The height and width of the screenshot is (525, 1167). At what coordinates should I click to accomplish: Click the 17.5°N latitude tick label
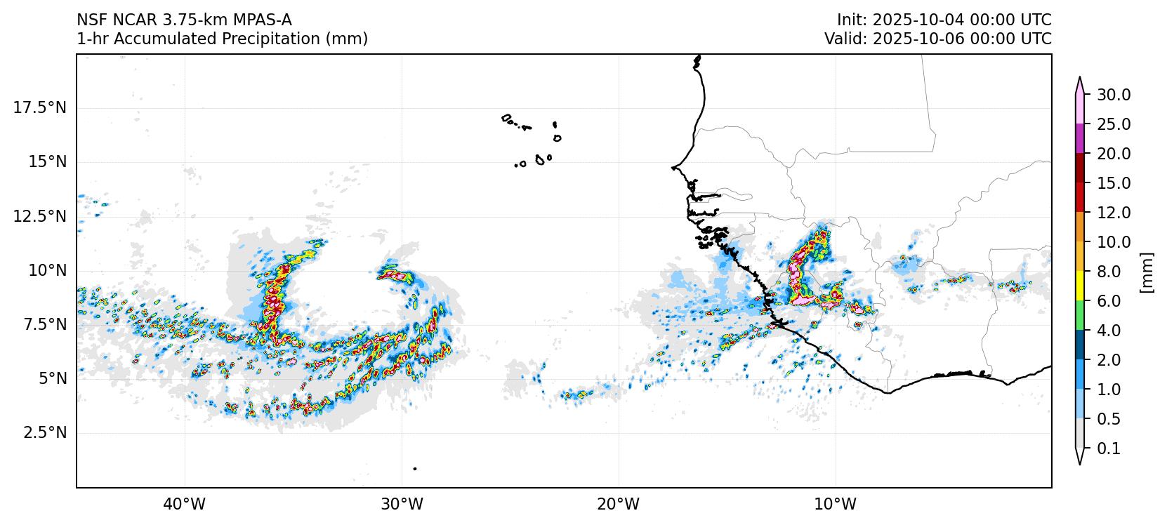click(40, 108)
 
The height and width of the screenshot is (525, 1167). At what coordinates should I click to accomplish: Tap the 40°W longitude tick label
click(185, 504)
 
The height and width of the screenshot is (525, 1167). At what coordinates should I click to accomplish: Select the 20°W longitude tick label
click(619, 504)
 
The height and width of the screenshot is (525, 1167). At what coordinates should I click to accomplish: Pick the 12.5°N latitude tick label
click(40, 216)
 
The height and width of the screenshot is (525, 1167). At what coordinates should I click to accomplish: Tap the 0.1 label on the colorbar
click(1109, 448)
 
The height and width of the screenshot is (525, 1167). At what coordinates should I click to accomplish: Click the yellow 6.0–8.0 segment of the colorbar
click(1080, 286)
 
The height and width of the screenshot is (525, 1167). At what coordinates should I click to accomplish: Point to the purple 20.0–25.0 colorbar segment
click(1080, 139)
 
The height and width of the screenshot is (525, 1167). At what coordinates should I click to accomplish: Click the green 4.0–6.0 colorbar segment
click(1080, 316)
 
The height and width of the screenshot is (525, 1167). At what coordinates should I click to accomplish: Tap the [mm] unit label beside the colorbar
click(1147, 272)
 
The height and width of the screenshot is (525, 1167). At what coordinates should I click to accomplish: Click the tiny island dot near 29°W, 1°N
click(415, 468)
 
